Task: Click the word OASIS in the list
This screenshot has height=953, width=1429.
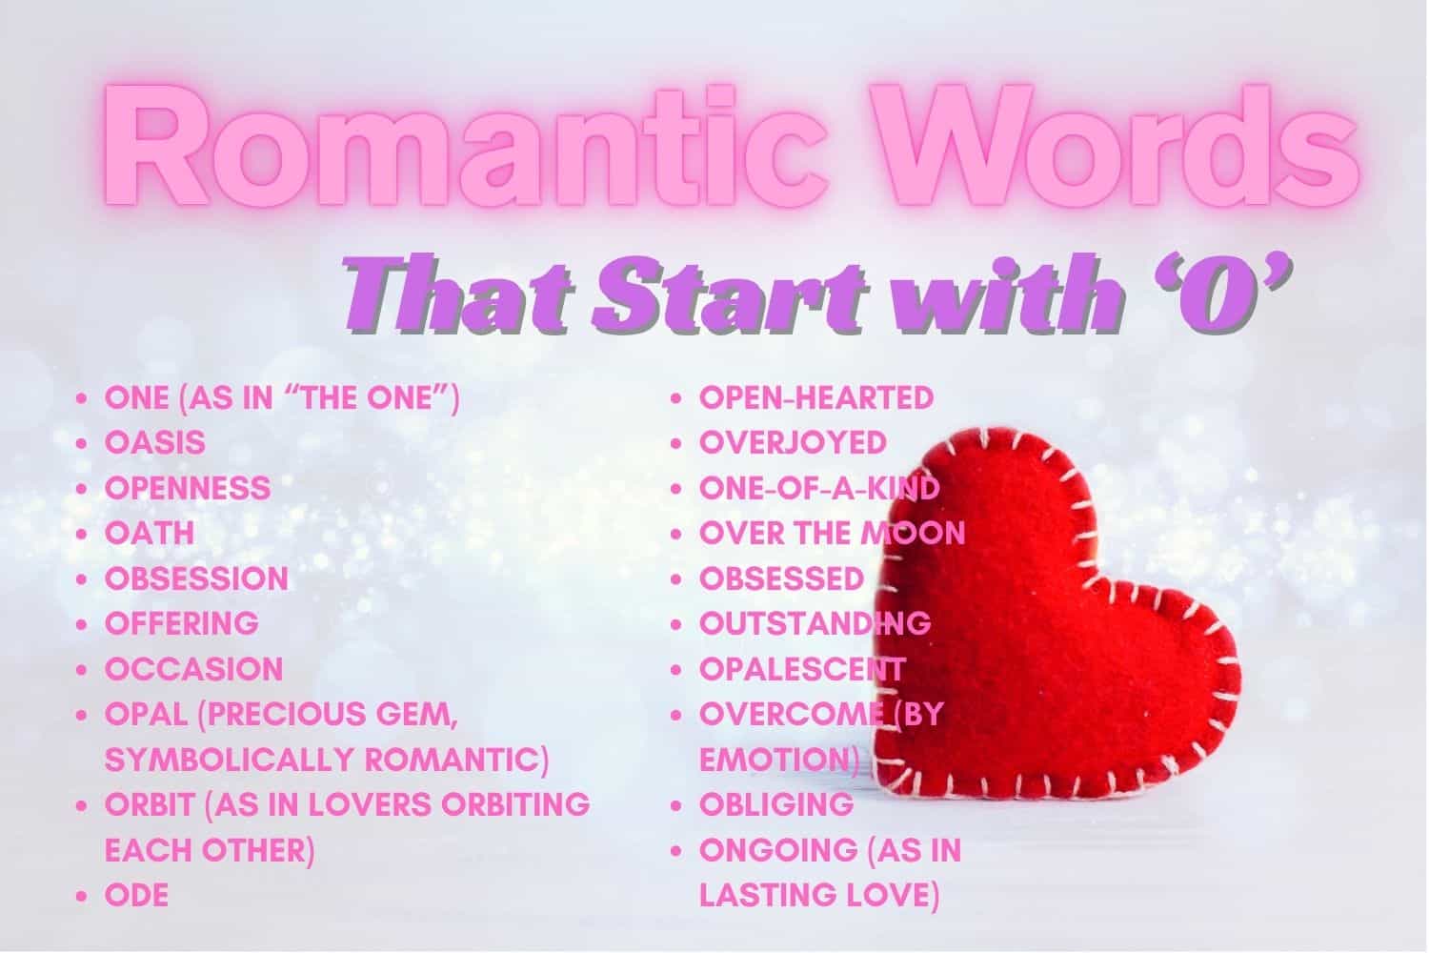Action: (x=154, y=443)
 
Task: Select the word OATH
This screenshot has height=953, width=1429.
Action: (x=149, y=534)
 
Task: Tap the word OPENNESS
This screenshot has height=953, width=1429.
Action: (x=188, y=489)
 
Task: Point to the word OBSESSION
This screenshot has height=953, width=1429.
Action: (x=196, y=578)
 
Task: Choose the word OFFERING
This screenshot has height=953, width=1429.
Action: (x=182, y=623)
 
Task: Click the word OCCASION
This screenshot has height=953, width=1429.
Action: (x=193, y=669)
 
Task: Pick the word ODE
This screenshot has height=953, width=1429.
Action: (x=136, y=896)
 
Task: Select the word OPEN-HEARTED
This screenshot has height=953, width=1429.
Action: (x=816, y=397)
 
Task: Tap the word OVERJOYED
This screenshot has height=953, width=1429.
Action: (x=793, y=443)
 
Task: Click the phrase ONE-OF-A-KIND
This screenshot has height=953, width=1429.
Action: (x=819, y=489)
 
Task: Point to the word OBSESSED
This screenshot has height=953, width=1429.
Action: (x=781, y=578)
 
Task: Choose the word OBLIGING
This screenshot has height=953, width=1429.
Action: (x=776, y=805)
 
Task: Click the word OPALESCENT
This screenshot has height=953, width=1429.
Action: (x=801, y=669)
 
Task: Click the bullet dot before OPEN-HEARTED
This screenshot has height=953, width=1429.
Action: (x=677, y=398)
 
